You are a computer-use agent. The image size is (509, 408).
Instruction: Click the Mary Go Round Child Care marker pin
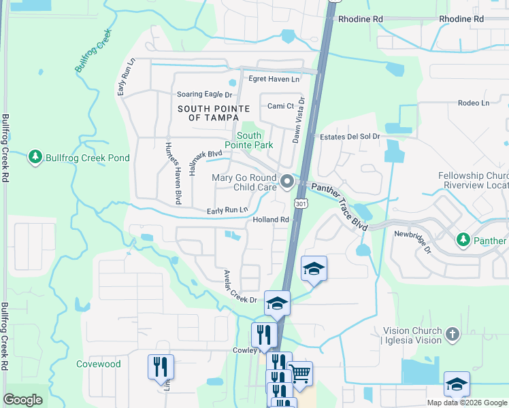click(x=287, y=182)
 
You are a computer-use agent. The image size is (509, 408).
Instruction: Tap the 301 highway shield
click(x=301, y=203)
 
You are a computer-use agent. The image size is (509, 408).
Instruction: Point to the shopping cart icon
click(x=300, y=373)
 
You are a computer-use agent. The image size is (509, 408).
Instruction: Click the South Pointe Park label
click(x=248, y=140)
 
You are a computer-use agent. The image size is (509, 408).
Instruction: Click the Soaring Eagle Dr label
click(x=204, y=95)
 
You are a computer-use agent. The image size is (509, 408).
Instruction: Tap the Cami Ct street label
click(x=280, y=106)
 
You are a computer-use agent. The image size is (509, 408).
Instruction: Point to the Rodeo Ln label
click(x=474, y=103)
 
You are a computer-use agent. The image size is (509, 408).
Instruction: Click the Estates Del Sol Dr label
click(x=350, y=137)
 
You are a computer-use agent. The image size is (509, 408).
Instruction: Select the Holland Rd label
click(x=271, y=220)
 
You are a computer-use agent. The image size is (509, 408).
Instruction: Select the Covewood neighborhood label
click(x=99, y=364)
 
